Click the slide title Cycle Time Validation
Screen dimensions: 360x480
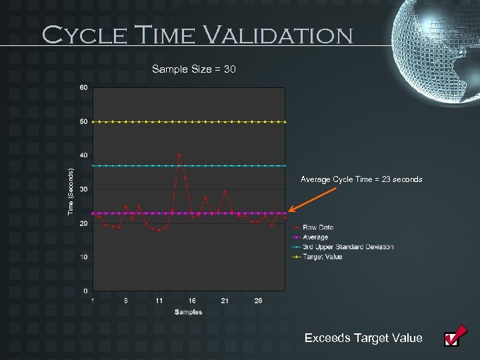pyautogui.click(x=197, y=34)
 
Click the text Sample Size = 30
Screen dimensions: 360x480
pyautogui.click(x=193, y=69)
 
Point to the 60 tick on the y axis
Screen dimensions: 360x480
pyautogui.click(x=83, y=88)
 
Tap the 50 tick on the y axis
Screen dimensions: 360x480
pyautogui.click(x=83, y=122)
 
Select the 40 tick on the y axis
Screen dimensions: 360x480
pyautogui.click(x=83, y=155)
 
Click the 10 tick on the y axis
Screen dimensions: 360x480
pyautogui.click(x=83, y=257)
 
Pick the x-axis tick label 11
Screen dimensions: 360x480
pyautogui.click(x=159, y=301)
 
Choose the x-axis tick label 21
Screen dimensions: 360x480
pyautogui.click(x=225, y=301)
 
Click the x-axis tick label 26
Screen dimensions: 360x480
pyautogui.click(x=258, y=301)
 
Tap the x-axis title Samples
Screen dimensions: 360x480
pyautogui.click(x=189, y=312)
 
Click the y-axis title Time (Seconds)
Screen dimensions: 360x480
pyautogui.click(x=71, y=189)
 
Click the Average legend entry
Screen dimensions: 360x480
pyautogui.click(x=315, y=237)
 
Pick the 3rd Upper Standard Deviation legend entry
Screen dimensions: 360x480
pyautogui.click(x=347, y=247)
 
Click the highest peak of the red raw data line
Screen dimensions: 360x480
pyautogui.click(x=179, y=155)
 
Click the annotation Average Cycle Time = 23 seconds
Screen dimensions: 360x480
pyautogui.click(x=361, y=179)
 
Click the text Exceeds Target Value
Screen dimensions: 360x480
pyautogui.click(x=363, y=338)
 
